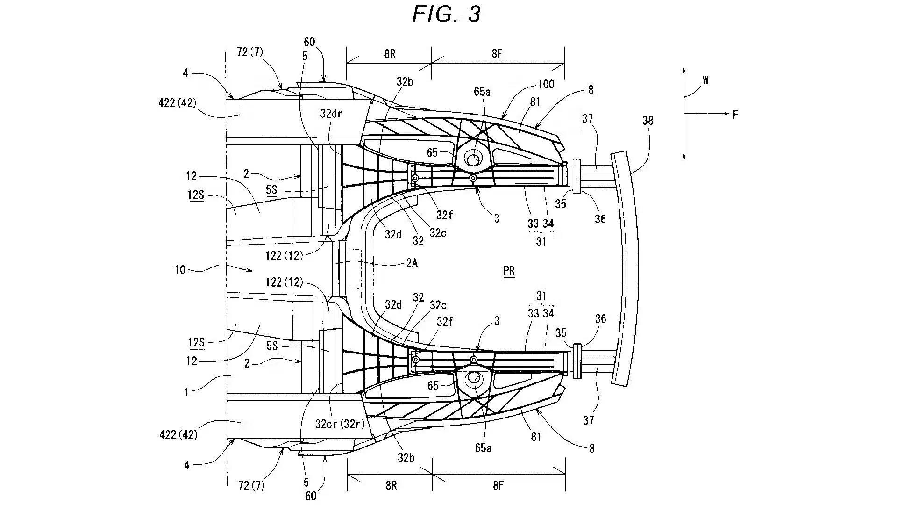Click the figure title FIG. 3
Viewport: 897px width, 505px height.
point(447,14)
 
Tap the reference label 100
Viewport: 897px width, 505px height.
point(546,84)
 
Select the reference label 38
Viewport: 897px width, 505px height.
point(648,121)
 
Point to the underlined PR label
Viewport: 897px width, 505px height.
point(509,271)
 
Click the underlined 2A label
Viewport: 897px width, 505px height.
point(412,263)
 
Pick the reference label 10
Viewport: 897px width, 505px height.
point(180,270)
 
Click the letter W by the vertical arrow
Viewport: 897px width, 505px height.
point(705,80)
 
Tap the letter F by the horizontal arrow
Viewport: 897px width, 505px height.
point(735,115)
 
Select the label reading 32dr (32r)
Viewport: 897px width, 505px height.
point(340,424)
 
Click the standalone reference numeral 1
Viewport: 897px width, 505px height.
point(186,392)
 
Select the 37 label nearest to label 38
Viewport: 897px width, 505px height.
point(587,118)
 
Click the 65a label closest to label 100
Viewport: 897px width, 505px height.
point(482,92)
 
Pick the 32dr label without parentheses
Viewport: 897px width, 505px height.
point(332,114)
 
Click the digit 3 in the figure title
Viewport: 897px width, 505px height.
point(474,14)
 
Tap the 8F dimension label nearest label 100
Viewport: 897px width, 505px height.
point(497,53)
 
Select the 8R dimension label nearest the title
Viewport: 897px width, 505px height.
point(390,53)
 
